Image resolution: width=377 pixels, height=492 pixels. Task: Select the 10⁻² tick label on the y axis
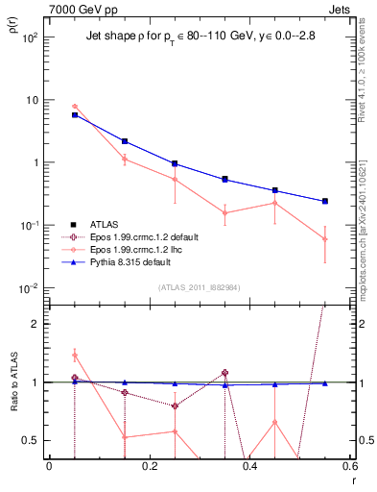(x=30, y=288)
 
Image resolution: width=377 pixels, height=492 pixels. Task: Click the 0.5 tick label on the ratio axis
(x=32, y=440)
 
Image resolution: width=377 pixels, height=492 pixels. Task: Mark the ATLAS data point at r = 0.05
(x=75, y=114)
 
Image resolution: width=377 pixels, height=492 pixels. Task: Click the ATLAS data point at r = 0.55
(x=325, y=201)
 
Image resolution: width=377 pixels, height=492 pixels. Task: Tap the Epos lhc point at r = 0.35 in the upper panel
(x=224, y=213)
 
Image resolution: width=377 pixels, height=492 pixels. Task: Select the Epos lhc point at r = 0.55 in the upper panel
(x=325, y=239)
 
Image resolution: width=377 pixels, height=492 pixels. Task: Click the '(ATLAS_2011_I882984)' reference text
(x=200, y=288)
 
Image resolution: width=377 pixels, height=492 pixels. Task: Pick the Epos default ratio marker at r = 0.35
(x=224, y=372)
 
